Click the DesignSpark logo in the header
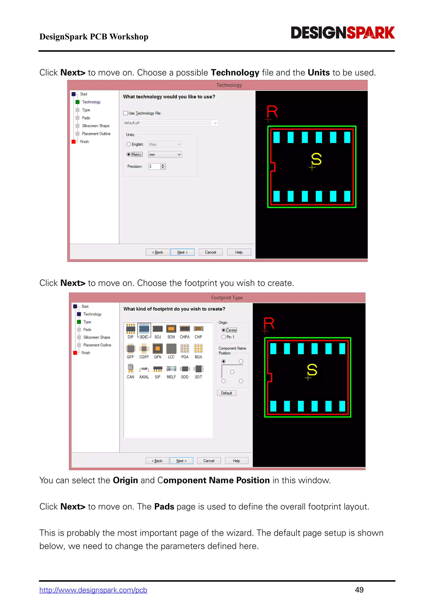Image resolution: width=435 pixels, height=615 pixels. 343,33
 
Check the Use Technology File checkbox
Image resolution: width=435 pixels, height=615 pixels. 125,113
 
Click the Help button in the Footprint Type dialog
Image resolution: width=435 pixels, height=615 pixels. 236,461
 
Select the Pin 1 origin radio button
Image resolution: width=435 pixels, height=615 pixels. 224,337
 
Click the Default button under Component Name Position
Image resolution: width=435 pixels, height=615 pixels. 226,393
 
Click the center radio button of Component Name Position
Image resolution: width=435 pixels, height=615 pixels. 232,372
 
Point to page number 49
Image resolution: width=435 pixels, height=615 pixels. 359,590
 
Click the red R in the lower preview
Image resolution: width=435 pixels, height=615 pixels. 269,324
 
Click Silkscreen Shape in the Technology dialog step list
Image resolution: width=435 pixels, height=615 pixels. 96,126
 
